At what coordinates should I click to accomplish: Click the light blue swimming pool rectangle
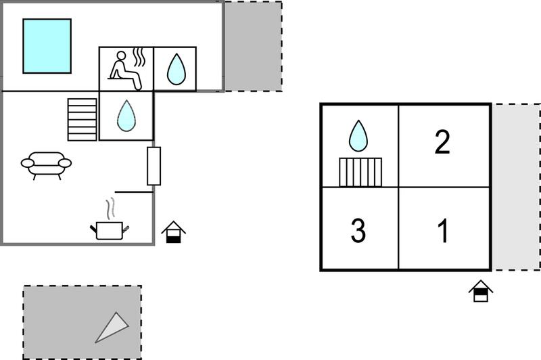pos(47,46)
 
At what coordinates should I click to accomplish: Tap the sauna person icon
pos(126,71)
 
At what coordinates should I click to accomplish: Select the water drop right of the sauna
pos(177,69)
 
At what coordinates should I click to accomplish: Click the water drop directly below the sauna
pos(126,116)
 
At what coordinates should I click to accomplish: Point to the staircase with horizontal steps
pos(82,119)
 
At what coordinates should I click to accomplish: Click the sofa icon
pos(46,165)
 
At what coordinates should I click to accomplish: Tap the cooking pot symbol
pos(110,231)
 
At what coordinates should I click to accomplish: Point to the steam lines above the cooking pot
pos(110,208)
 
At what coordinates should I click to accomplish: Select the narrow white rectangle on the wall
pos(154,166)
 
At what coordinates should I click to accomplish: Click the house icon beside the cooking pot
pos(174,232)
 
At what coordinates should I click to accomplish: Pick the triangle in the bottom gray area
pos(112,328)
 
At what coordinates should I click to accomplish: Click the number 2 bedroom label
pos(442,142)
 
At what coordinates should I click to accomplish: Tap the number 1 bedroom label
pos(444,230)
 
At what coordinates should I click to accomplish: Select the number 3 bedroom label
pos(358,230)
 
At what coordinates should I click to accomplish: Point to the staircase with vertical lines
pos(360,173)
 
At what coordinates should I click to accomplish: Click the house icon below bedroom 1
pos(481,291)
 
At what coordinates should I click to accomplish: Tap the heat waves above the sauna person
pos(139,57)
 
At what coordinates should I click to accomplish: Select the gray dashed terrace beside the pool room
pos(253,47)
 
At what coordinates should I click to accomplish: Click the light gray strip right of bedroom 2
pos(516,187)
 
